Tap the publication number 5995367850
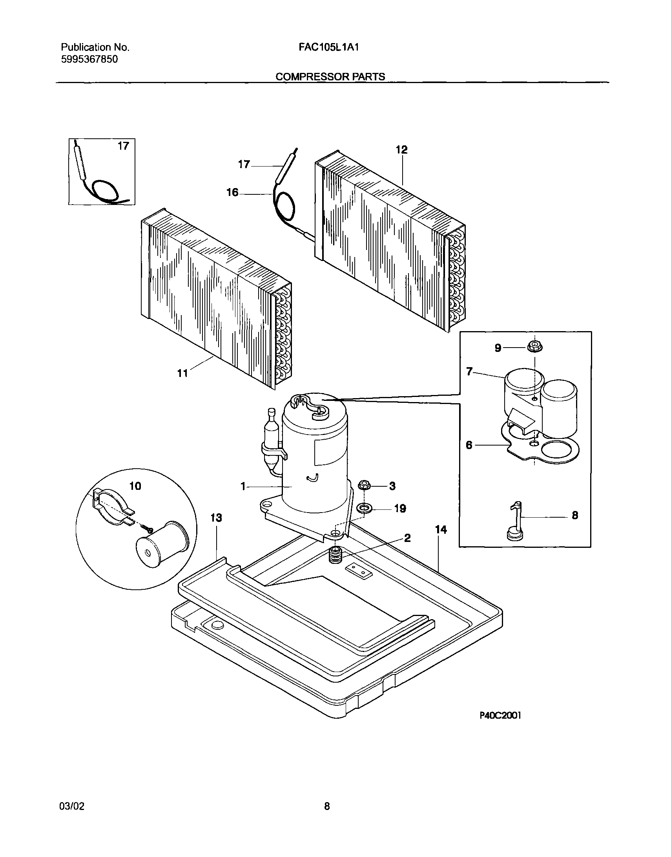pyautogui.click(x=89, y=60)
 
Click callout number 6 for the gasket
pyautogui.click(x=469, y=446)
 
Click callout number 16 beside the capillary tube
pyautogui.click(x=232, y=193)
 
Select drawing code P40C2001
pyautogui.click(x=500, y=727)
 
